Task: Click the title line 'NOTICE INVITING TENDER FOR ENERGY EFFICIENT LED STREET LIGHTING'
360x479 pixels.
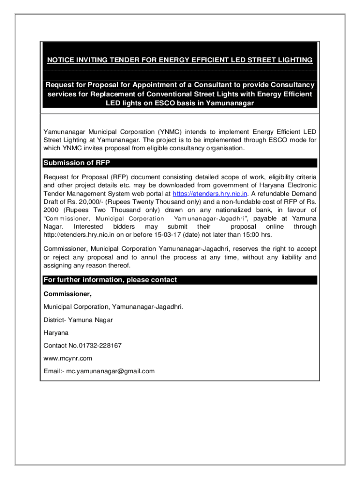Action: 180,60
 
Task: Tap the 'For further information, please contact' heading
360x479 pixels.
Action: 110,280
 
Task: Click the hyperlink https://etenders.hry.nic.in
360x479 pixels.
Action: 210,193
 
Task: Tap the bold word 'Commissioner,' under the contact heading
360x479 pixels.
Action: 67,294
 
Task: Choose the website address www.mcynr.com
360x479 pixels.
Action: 68,358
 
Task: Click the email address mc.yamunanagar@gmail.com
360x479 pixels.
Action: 110,371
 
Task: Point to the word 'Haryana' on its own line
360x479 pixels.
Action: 56,333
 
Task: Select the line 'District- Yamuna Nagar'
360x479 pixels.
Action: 78,320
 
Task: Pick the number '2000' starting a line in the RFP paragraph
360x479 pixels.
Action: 51,210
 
